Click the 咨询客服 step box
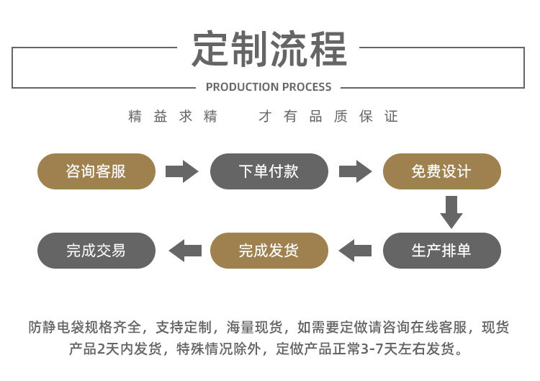point(96,171)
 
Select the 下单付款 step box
point(269,171)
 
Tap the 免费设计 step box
point(442,171)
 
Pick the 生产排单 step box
point(442,251)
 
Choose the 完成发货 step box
point(269,251)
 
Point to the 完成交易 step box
point(96,251)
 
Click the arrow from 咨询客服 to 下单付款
point(182,171)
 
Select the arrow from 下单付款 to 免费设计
point(356,171)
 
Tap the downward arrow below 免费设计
point(451,212)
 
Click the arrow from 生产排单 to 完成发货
point(355,251)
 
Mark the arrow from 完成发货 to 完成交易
point(185,251)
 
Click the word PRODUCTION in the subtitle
point(238,87)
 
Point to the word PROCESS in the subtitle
point(304,87)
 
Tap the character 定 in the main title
point(210,48)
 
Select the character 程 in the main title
point(328,48)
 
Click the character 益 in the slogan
point(160,117)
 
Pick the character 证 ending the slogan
point(391,117)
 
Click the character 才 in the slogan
point(265,117)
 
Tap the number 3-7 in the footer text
point(372,349)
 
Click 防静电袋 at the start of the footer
point(56,327)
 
